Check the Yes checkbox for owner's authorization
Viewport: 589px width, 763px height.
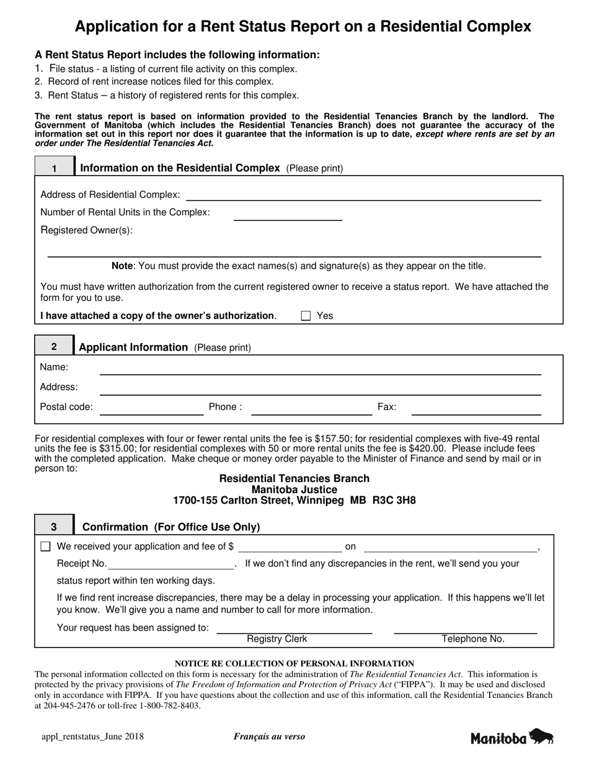(306, 316)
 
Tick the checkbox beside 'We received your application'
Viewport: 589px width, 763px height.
(45, 547)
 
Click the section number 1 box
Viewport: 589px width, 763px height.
(55, 168)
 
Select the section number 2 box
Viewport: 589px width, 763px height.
(54, 347)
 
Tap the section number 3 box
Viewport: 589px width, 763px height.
(54, 527)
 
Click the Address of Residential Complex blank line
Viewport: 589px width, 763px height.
(363, 196)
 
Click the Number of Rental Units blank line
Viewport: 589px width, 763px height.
(288, 216)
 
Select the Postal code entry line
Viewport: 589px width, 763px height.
(152, 411)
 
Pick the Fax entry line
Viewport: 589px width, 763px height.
(476, 411)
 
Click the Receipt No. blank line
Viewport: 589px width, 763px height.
(170, 566)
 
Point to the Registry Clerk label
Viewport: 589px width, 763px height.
(277, 639)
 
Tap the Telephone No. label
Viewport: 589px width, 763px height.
(473, 639)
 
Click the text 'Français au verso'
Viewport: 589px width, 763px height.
(269, 737)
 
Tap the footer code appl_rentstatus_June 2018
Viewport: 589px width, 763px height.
(92, 737)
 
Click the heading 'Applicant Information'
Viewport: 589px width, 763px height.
(133, 347)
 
